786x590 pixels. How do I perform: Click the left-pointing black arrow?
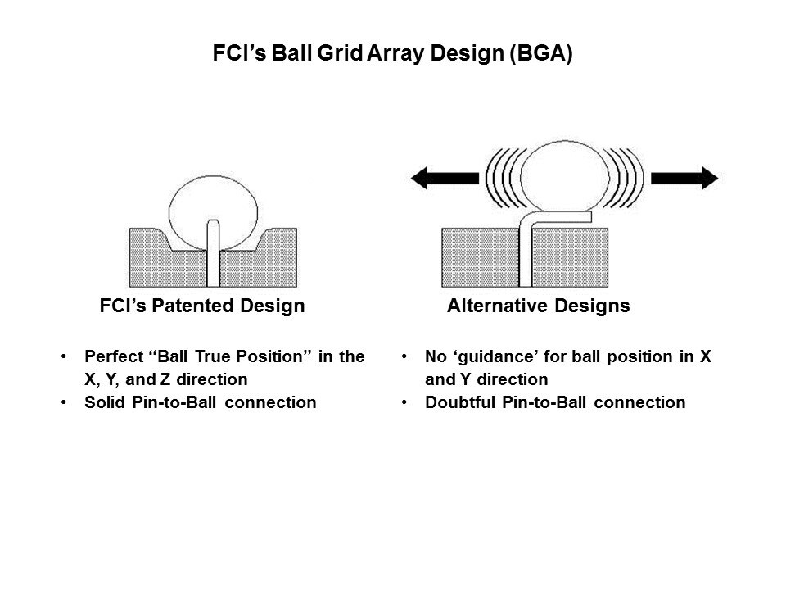442,177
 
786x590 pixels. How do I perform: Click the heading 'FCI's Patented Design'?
201,306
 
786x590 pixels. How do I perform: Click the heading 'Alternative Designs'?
539,306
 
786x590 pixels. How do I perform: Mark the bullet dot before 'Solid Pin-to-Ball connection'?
65,402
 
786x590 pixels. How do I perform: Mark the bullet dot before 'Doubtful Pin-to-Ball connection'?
406,402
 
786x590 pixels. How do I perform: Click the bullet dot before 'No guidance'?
406,358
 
